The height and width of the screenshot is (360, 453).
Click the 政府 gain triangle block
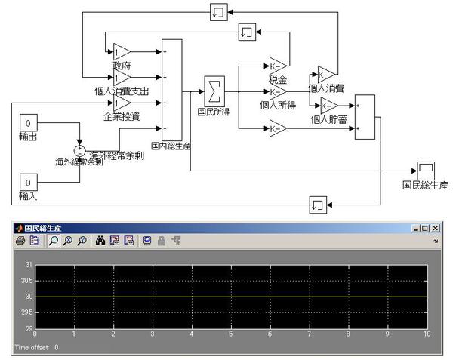point(122,51)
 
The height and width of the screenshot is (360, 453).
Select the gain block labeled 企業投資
point(122,103)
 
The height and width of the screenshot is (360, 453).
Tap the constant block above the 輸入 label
point(28,183)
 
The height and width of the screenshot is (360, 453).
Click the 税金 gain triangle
point(277,68)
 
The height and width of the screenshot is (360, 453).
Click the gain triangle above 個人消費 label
point(325,75)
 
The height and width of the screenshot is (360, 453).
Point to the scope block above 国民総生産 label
point(425,168)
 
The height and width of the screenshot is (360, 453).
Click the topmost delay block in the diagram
point(217,12)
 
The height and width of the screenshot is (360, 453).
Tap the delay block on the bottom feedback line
point(317,203)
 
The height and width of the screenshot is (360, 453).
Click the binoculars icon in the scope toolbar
point(100,241)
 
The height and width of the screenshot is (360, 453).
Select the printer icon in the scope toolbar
point(19,241)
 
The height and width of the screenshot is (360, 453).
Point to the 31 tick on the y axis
point(29,265)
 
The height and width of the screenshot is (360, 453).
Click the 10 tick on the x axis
point(427,334)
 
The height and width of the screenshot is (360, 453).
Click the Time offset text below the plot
point(36,348)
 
